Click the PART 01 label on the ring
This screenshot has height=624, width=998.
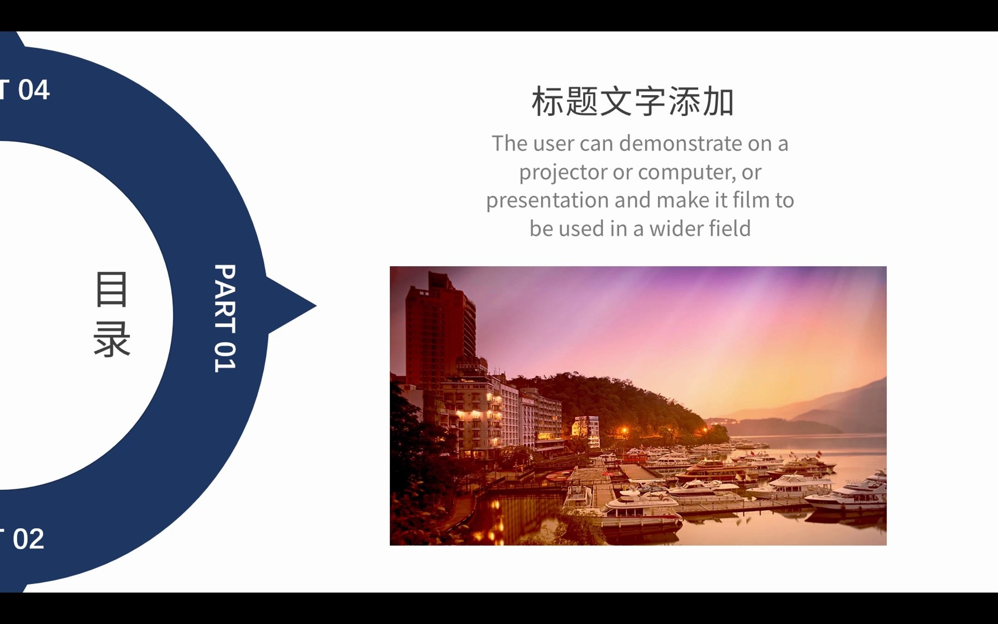click(225, 318)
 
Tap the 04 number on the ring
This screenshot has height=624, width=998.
click(34, 90)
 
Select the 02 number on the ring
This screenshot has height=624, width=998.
click(29, 539)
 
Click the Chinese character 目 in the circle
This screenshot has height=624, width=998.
click(111, 289)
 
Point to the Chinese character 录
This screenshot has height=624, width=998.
click(112, 340)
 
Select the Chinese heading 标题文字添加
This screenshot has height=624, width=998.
click(633, 102)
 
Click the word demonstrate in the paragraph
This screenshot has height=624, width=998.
click(681, 143)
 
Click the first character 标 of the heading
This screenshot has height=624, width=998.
click(548, 102)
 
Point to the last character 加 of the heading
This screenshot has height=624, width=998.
click(718, 102)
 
